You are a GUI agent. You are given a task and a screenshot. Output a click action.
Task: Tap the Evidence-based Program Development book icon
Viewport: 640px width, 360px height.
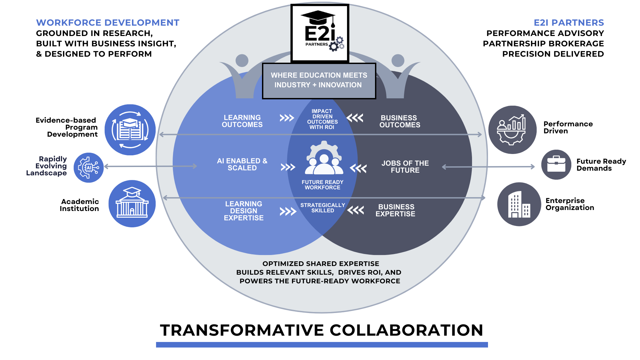tap(130, 130)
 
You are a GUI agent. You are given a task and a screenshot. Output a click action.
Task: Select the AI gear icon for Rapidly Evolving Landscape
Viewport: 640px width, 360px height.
tap(89, 168)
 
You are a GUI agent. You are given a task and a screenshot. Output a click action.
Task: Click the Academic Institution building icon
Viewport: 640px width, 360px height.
tap(132, 204)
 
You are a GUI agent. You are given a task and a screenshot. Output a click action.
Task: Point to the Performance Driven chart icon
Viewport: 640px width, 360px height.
tap(512, 130)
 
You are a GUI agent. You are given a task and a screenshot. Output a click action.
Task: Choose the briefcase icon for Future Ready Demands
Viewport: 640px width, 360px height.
tap(556, 164)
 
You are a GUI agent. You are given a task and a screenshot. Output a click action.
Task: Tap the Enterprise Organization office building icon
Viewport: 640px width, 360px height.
tap(519, 204)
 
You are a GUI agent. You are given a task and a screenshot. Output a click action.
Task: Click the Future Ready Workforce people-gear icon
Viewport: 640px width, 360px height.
tap(324, 158)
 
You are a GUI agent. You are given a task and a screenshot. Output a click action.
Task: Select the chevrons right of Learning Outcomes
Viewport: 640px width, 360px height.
tap(287, 118)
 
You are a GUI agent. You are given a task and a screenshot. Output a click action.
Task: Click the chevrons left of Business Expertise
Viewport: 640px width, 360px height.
tap(355, 210)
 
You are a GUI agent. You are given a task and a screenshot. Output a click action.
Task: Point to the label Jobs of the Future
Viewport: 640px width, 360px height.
tap(405, 167)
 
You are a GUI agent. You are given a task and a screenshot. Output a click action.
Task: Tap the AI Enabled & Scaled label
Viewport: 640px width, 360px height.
tap(242, 164)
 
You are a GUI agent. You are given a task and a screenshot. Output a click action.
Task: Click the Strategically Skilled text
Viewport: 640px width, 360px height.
tap(322, 208)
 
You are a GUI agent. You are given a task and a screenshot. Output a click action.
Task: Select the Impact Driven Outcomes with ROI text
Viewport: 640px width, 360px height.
tap(322, 119)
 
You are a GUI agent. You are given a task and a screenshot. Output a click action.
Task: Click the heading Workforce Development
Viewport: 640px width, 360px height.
tap(108, 23)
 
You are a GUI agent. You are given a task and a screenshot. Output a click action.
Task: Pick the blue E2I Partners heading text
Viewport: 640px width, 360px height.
tap(569, 23)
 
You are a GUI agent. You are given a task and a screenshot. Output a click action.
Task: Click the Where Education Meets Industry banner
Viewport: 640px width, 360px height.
tap(319, 80)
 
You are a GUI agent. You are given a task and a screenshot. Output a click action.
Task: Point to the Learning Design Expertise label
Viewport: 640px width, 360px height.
tap(244, 211)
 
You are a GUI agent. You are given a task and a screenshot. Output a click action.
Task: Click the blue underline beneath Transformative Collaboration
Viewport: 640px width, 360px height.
tap(322, 345)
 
